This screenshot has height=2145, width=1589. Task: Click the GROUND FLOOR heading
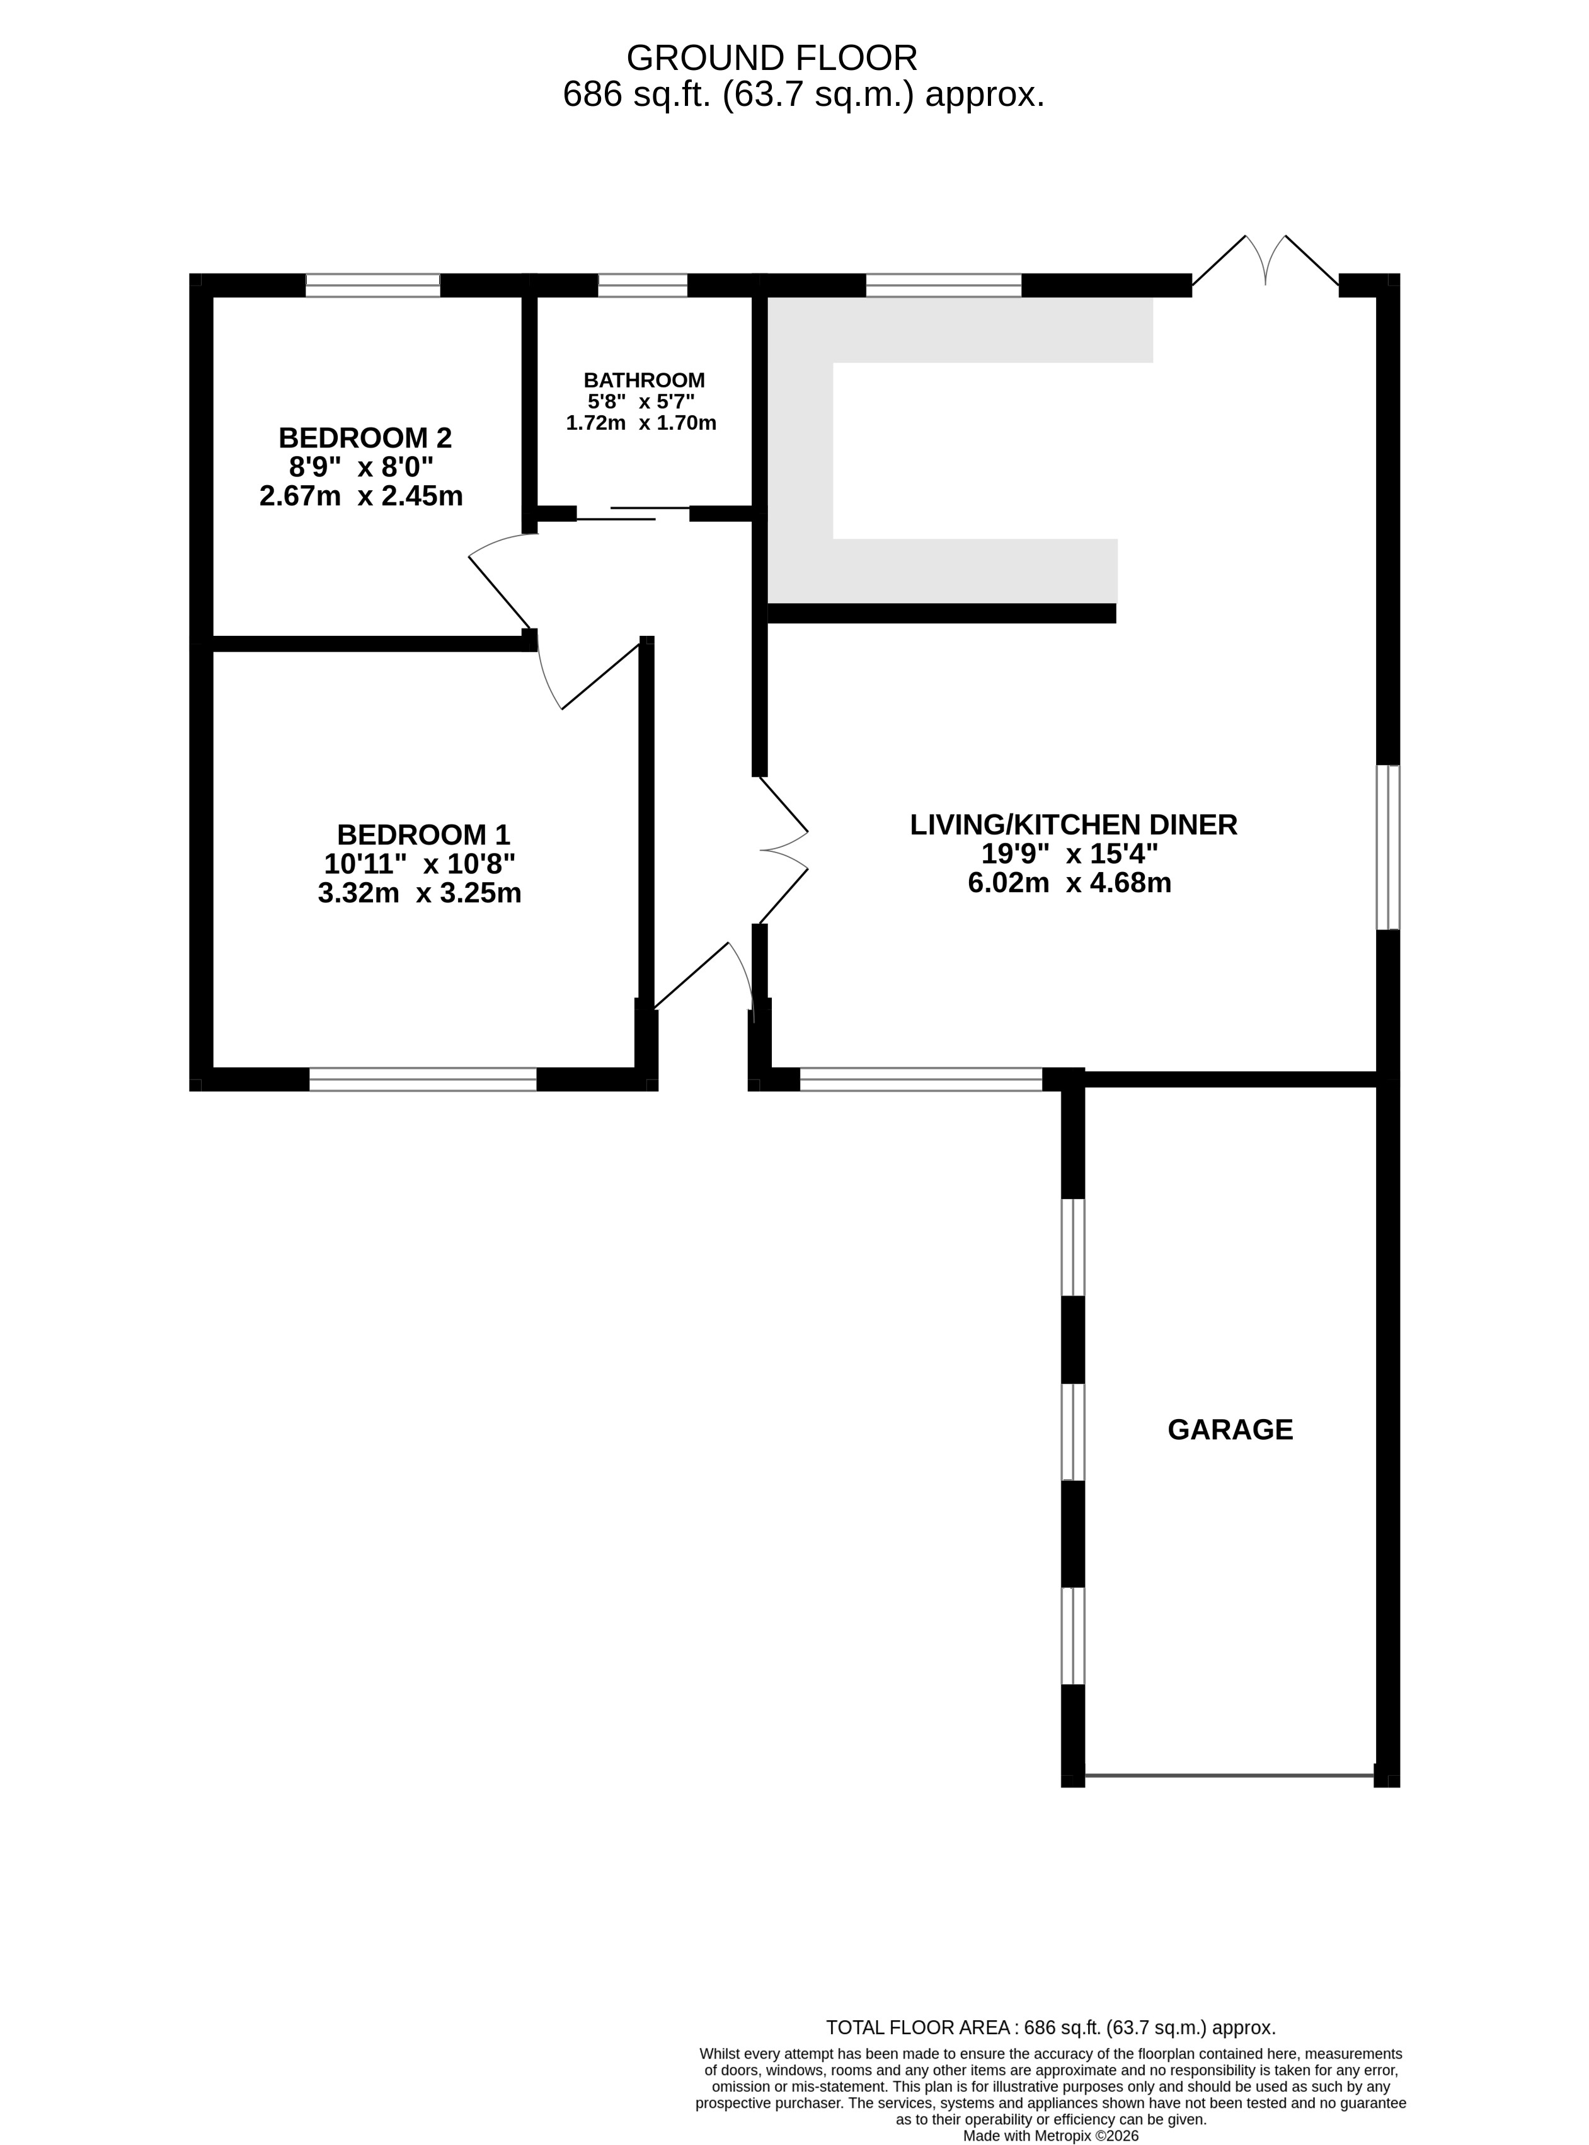(771, 59)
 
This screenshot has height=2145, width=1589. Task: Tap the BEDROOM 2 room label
(365, 438)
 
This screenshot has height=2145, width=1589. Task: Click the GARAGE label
(1230, 1429)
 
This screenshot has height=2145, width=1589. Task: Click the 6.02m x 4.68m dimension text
(1070, 882)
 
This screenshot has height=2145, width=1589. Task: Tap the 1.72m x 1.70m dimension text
(641, 422)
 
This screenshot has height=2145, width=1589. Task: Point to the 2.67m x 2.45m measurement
(362, 495)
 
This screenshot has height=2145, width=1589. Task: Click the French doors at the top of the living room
(1266, 262)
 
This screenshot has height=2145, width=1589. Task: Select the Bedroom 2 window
(373, 285)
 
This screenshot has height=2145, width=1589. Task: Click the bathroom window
(643, 285)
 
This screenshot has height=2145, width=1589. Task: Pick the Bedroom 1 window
(423, 1079)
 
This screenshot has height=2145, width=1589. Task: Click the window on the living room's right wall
(1388, 848)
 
